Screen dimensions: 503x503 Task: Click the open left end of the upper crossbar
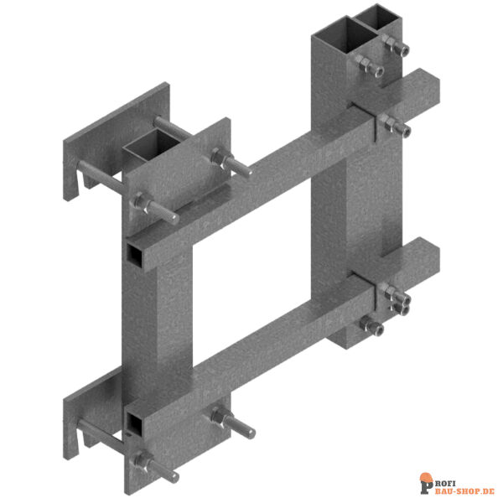coord(135,254)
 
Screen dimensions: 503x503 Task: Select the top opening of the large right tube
coord(345,36)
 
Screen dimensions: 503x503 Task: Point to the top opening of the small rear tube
coord(378,18)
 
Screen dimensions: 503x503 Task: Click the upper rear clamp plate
coord(117,141)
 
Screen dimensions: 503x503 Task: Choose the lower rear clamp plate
coord(93,414)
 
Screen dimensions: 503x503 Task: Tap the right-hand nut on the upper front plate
coord(218,158)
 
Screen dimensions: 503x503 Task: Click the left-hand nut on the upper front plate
coord(138,202)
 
